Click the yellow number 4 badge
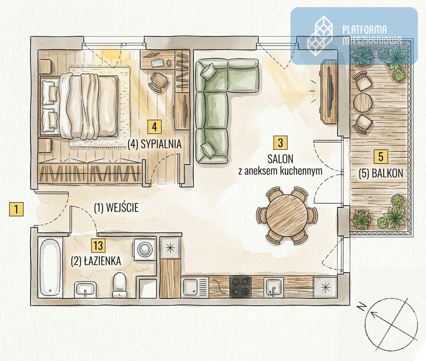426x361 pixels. tap(155, 127)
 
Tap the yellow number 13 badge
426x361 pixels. tap(98, 246)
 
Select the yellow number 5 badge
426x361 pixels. tap(381, 157)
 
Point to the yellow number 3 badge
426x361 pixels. tap(281, 143)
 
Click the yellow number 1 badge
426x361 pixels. tap(16, 209)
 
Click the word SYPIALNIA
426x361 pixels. tap(161, 144)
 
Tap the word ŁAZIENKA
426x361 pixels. tap(102, 261)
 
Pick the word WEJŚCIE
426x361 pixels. tap(122, 208)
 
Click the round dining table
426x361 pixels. tap(287, 213)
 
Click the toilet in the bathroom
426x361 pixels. tap(119, 285)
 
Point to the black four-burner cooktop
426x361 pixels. tap(241, 287)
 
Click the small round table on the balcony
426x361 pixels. tap(362, 102)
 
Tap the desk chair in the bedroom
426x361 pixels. tap(158, 81)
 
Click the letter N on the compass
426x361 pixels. tap(361, 307)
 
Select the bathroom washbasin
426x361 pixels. tap(85, 290)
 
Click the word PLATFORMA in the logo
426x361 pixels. tap(365, 30)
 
